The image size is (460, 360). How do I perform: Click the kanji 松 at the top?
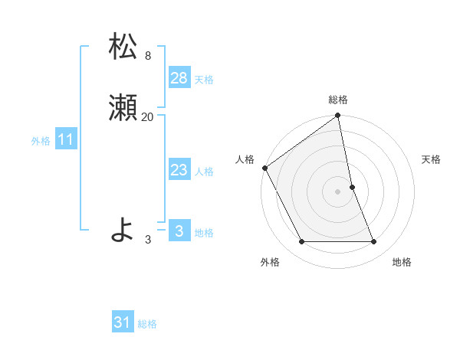coord(123,47)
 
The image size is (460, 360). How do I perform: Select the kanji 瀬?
coord(123,108)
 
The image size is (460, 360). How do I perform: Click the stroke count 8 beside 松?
coord(147,56)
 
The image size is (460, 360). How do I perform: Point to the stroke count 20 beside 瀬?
coord(147,117)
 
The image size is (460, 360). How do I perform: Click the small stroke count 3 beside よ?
coord(148,240)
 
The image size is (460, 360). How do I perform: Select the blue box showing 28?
coord(179,78)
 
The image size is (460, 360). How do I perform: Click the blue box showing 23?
coord(179,170)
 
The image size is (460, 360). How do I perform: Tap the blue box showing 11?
coord(66,139)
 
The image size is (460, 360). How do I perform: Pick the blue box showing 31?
coord(123,322)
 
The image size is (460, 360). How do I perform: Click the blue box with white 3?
coord(179,231)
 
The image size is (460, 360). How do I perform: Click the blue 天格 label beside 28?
coord(204,80)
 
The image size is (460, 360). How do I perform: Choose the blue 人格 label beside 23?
coord(204,172)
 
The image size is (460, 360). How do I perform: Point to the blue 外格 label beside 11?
coord(41,141)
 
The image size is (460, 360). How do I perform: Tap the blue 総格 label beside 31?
coord(147,324)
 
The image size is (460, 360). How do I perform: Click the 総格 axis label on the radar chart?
coord(338,100)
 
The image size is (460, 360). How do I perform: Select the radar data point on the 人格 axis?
coord(264,168)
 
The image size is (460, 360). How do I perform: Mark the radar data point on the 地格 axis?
coord(373,242)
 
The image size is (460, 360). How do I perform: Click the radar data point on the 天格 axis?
coord(352,187)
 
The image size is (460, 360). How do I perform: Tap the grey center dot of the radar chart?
coord(338,191)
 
